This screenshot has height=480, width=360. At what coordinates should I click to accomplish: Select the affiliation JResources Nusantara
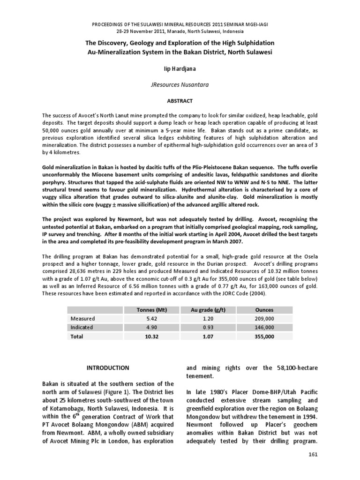180,85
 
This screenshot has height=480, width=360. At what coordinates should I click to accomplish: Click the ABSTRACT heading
180,101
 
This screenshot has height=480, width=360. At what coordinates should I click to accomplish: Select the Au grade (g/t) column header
208,310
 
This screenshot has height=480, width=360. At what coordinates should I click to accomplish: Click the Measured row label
82,319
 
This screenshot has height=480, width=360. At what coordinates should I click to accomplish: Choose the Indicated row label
82,328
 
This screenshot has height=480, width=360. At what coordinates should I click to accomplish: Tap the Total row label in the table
77,337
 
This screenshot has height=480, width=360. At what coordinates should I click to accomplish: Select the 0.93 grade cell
208,328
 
